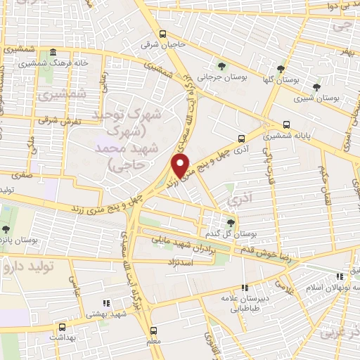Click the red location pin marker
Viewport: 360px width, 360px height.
pyautogui.click(x=182, y=167)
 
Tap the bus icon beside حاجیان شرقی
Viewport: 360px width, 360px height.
pyautogui.click(x=163, y=33)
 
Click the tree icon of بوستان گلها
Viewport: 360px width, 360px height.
pyautogui.click(x=281, y=68)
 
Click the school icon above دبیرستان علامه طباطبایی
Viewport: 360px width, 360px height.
pyautogui.click(x=244, y=287)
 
